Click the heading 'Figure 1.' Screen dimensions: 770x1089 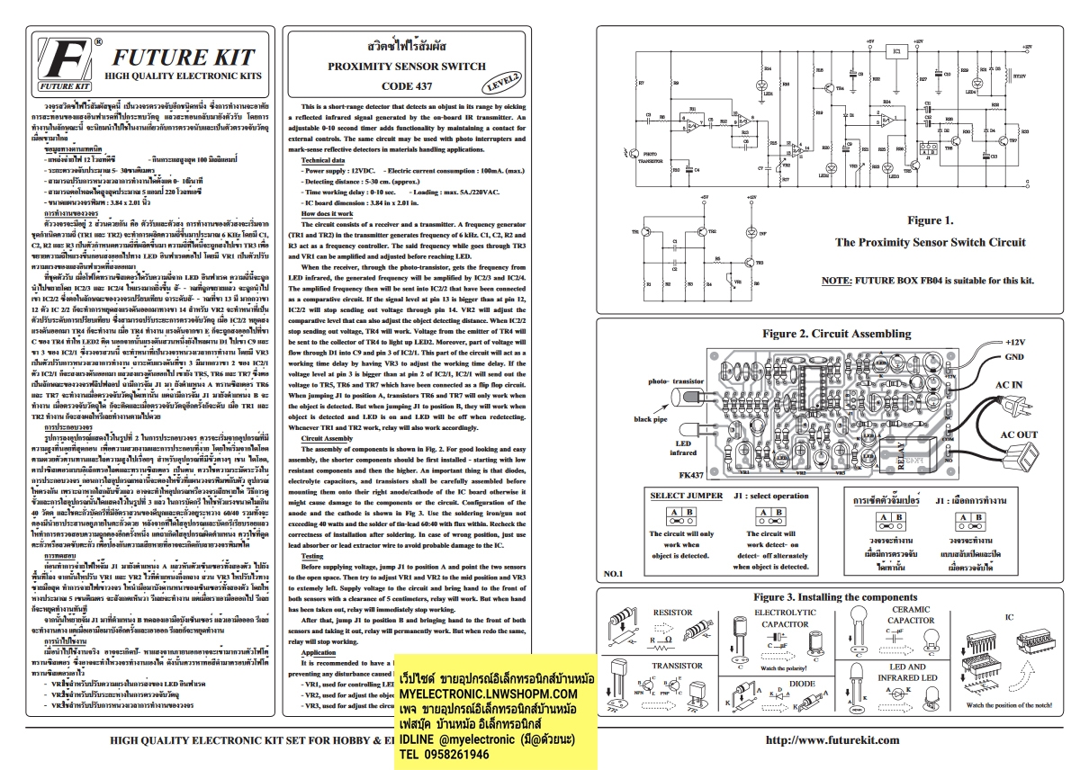tap(930, 220)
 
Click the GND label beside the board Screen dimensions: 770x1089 tap(1015, 357)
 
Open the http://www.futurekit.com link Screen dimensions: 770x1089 tap(832, 740)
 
